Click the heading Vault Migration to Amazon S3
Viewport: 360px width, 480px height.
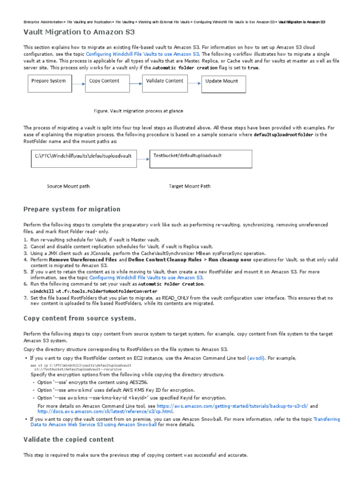(79, 32)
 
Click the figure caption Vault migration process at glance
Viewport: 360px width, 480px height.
(138, 111)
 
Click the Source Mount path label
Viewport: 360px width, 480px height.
(68, 186)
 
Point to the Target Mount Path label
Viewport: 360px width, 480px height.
(189, 186)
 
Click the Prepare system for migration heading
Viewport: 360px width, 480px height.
(72, 209)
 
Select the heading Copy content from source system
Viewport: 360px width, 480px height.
(80, 318)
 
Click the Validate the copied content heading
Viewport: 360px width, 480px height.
(68, 439)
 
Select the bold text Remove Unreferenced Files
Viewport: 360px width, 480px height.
(83, 259)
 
